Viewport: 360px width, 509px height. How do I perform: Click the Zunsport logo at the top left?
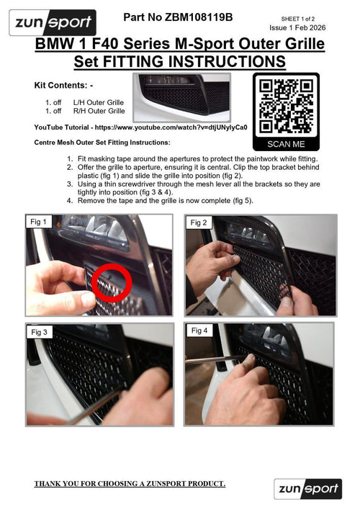click(x=53, y=22)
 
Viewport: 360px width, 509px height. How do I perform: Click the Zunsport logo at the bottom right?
click(x=307, y=489)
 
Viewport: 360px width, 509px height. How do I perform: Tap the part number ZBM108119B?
click(x=198, y=17)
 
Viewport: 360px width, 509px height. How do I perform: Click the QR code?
click(x=286, y=106)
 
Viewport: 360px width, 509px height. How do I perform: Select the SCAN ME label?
click(x=286, y=144)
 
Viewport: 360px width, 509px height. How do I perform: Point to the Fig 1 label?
click(x=38, y=222)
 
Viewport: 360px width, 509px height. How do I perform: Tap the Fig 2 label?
click(x=198, y=222)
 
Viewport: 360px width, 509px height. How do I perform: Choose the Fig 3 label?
click(x=40, y=332)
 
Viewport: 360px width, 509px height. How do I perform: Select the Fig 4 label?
click(x=199, y=330)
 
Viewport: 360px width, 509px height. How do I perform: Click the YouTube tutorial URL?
click(x=171, y=127)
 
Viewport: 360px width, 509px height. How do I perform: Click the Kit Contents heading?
click(x=63, y=86)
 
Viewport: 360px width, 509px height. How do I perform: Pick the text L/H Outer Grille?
click(x=99, y=102)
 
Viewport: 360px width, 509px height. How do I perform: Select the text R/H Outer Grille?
click(x=99, y=111)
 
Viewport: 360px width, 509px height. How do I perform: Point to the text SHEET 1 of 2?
click(x=297, y=19)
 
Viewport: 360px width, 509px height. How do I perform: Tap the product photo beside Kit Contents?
click(x=181, y=97)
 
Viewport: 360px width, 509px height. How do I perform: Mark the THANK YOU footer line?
click(x=130, y=483)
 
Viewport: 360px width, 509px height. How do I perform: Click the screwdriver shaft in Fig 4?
click(x=215, y=360)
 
